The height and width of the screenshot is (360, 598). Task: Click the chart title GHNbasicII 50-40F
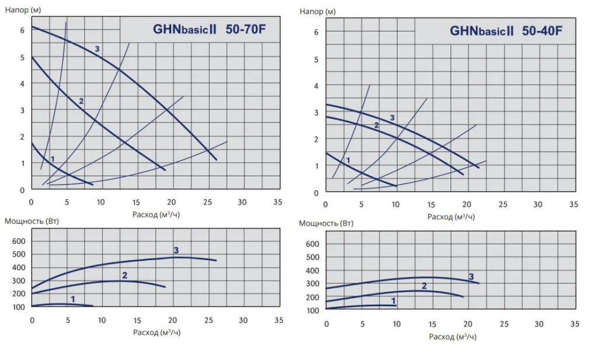tap(506, 32)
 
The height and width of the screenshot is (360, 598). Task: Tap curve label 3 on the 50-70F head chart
tap(97, 49)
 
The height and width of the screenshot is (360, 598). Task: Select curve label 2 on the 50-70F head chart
tap(81, 101)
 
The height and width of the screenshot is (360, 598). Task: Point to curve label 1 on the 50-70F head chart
tap(53, 158)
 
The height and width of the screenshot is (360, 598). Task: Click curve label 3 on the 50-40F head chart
tap(392, 117)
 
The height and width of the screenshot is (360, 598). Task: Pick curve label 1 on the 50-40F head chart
tap(349, 160)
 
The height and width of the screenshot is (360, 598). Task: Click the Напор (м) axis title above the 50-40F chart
tap(317, 11)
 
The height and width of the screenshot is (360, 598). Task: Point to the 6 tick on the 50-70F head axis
tap(22, 30)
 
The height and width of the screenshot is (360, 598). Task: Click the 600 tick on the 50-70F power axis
tap(19, 241)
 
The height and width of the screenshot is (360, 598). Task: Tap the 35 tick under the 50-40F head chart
tap(574, 205)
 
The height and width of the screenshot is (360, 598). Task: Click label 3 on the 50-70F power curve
tap(176, 250)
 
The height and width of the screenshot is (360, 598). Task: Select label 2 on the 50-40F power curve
tap(424, 286)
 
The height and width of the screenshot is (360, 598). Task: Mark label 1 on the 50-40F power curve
tap(394, 301)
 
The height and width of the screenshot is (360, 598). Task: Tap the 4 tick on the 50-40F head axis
tap(317, 86)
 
